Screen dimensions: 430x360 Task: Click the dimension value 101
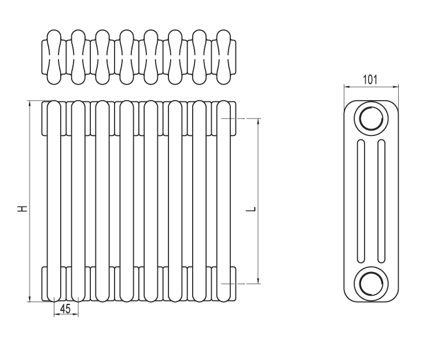point(370,79)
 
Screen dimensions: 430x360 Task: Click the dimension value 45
point(65,309)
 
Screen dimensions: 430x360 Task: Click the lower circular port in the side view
point(371,284)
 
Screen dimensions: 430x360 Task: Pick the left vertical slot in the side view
point(361,201)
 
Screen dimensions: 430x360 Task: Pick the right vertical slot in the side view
point(381,201)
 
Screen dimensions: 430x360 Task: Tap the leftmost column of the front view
point(54,201)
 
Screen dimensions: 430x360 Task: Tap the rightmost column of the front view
point(223,201)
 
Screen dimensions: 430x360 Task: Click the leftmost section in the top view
point(54,57)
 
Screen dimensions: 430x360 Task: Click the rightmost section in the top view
point(223,57)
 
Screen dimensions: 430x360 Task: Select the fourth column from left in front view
point(127,201)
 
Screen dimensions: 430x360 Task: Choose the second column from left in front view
point(78,201)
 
